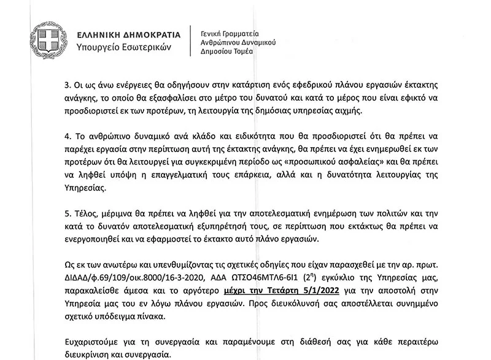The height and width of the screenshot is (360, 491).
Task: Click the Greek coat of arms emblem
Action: tap(46, 40)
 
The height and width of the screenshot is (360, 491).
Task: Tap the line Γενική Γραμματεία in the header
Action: tap(230, 32)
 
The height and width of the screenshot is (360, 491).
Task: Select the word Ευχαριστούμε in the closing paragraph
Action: tap(91, 341)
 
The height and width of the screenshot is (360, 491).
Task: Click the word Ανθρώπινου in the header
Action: tap(223, 42)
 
